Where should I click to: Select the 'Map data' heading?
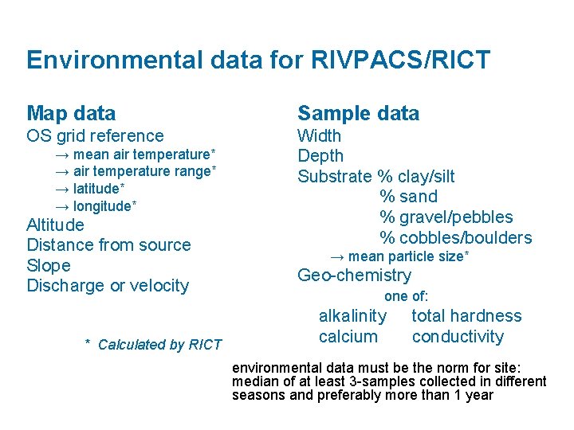71,114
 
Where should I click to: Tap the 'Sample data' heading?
358,114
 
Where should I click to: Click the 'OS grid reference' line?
95,136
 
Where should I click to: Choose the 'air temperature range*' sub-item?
136,171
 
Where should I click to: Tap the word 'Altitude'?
55,225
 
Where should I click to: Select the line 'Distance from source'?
108,245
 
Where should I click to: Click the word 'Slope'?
49,266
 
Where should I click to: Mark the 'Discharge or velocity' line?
108,286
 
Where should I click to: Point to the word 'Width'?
319,136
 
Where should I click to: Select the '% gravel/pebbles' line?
446,217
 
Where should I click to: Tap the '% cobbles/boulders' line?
455,238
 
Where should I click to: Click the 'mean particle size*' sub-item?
399,256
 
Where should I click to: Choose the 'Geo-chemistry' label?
354,276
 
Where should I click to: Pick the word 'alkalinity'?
352,316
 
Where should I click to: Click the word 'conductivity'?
458,337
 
